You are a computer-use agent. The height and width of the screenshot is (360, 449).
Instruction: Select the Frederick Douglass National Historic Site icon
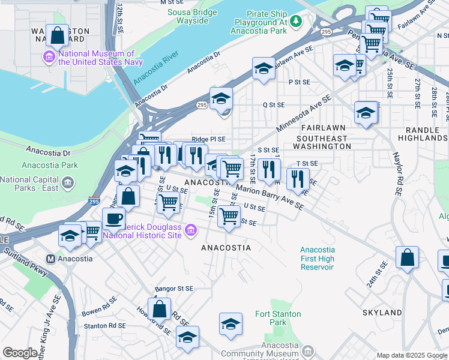191,230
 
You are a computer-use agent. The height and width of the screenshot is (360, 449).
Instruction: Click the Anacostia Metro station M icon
50,259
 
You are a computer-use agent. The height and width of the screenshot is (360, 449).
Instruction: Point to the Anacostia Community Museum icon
308,350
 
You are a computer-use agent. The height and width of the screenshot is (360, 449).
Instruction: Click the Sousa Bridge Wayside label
191,16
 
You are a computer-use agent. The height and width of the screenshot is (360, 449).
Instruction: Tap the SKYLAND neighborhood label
382,313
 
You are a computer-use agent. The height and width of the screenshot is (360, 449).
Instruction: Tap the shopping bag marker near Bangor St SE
160,310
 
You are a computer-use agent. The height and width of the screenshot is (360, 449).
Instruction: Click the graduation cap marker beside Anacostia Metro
70,236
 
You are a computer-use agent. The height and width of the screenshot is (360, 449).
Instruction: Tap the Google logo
20,353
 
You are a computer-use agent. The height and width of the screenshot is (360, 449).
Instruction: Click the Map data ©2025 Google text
412,355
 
